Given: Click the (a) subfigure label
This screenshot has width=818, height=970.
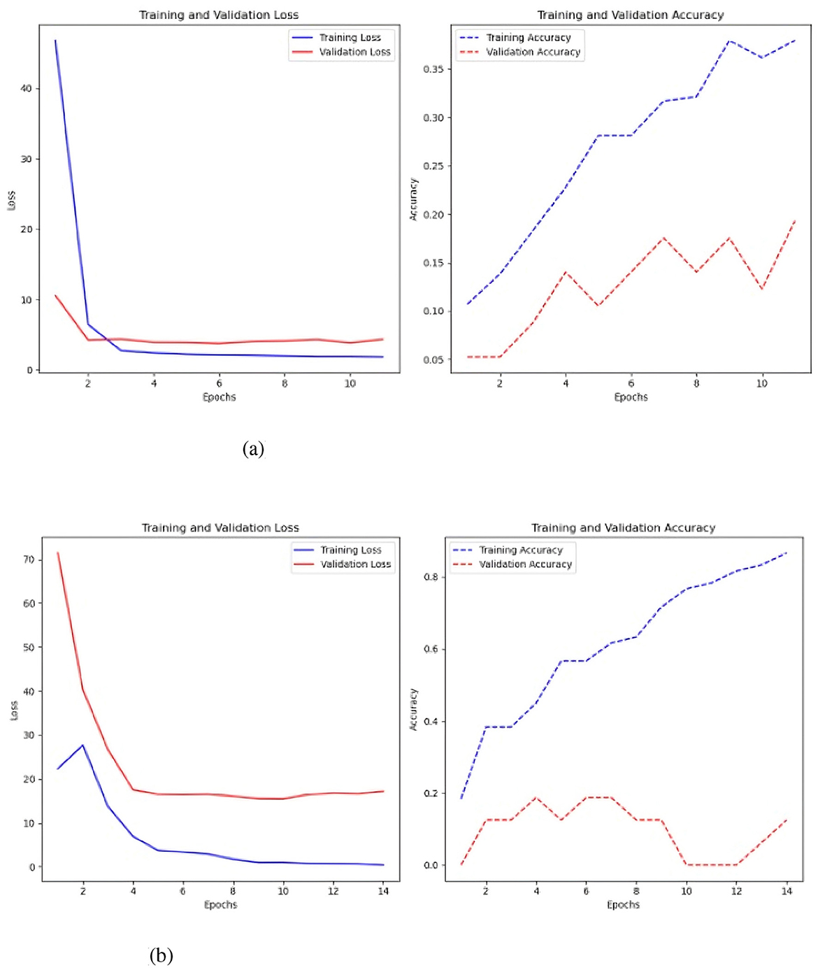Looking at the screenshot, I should [253, 448].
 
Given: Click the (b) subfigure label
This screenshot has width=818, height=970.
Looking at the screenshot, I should [161, 955].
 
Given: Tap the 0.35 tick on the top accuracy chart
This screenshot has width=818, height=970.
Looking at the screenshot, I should [433, 69].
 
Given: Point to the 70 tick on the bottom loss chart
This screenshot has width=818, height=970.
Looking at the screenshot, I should [29, 559].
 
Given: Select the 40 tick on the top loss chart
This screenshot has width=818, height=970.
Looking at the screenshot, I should [26, 89].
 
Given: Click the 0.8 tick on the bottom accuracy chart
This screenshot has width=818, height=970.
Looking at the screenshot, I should [431, 577].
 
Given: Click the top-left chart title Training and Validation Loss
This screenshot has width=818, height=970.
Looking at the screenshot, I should [219, 15].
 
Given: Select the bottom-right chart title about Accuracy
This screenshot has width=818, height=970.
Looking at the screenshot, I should [623, 528].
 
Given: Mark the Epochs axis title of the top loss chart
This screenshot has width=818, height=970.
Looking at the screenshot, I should [219, 397].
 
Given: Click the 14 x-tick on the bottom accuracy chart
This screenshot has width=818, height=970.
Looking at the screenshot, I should [787, 891].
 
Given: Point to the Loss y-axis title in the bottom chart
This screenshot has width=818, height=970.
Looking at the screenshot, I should [13, 711].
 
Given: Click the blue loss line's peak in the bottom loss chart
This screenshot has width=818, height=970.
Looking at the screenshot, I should [83, 746].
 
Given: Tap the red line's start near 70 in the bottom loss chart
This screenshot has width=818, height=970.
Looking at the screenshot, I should [57, 553].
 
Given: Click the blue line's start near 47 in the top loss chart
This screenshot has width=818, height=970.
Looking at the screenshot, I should [55, 41].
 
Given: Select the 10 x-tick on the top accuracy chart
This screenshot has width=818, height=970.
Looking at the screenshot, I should [761, 383].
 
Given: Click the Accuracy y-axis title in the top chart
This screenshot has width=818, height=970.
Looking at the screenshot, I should [413, 199].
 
